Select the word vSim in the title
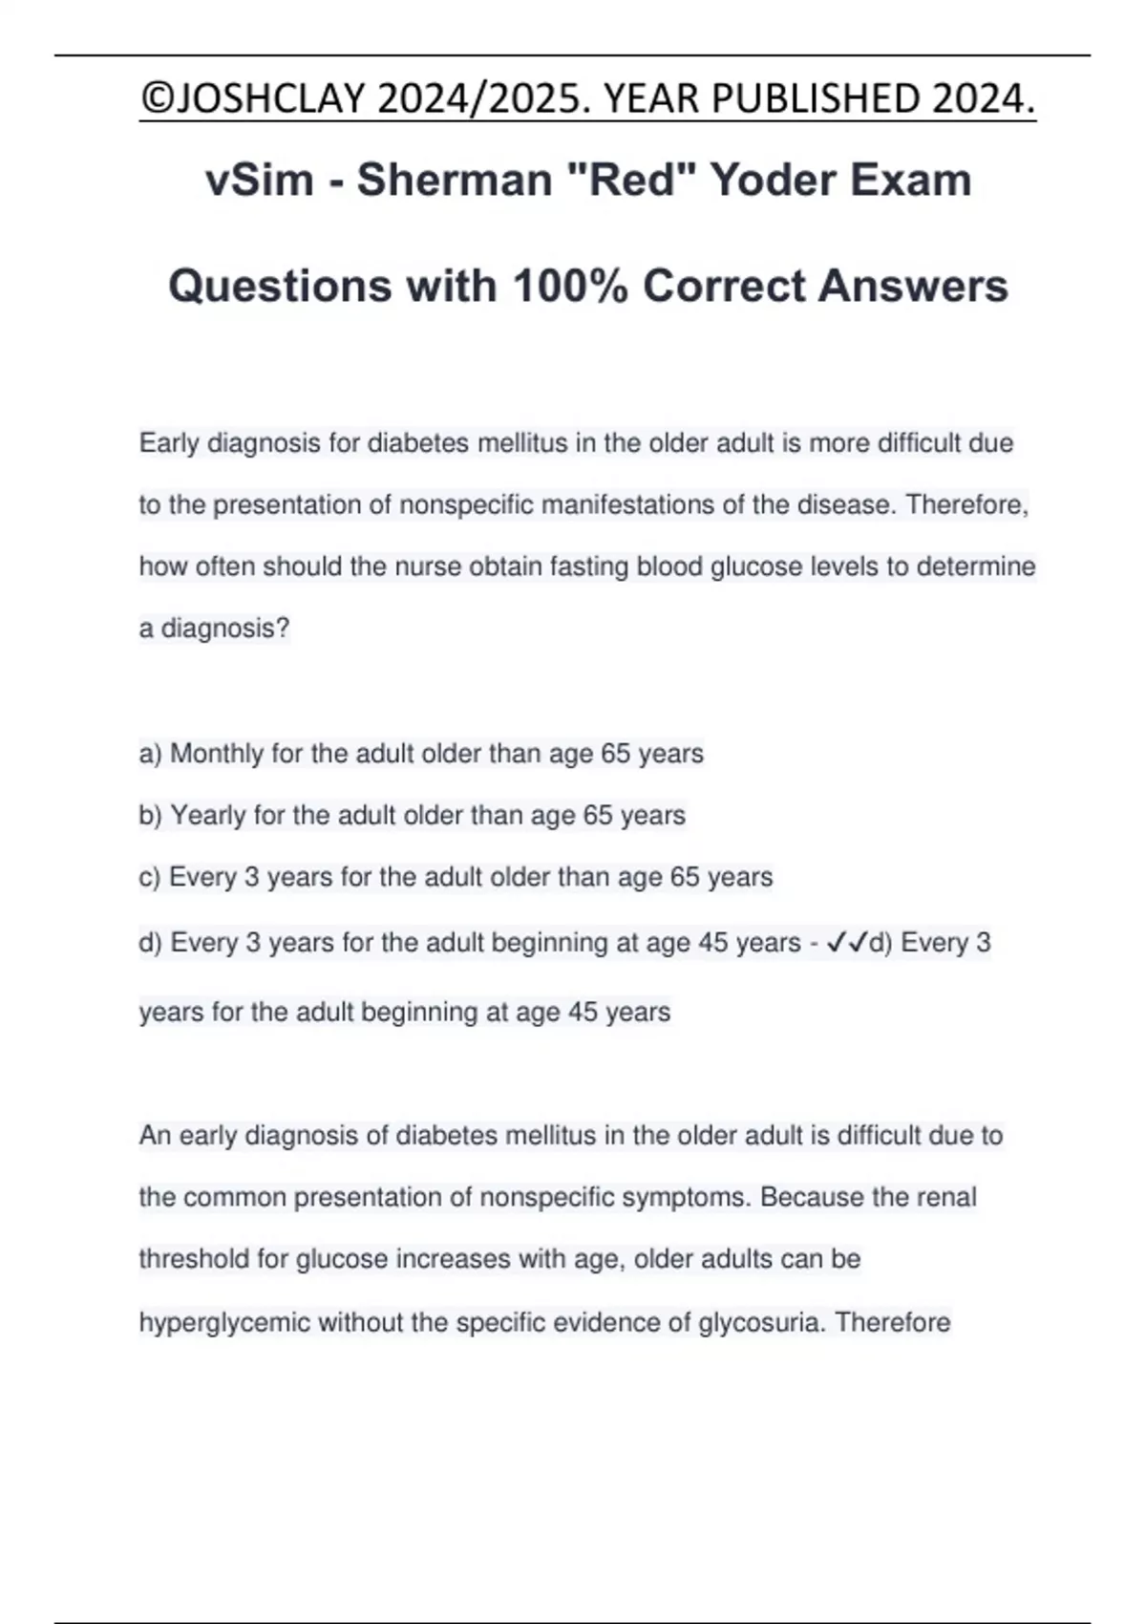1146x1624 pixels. [259, 180]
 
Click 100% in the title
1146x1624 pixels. [568, 286]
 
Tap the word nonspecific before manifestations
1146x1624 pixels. [466, 504]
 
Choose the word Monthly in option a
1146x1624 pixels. [217, 754]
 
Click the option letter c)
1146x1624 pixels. [150, 877]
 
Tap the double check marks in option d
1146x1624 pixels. [846, 943]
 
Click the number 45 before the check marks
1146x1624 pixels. [712, 943]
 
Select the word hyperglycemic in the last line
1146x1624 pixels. [224, 1322]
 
